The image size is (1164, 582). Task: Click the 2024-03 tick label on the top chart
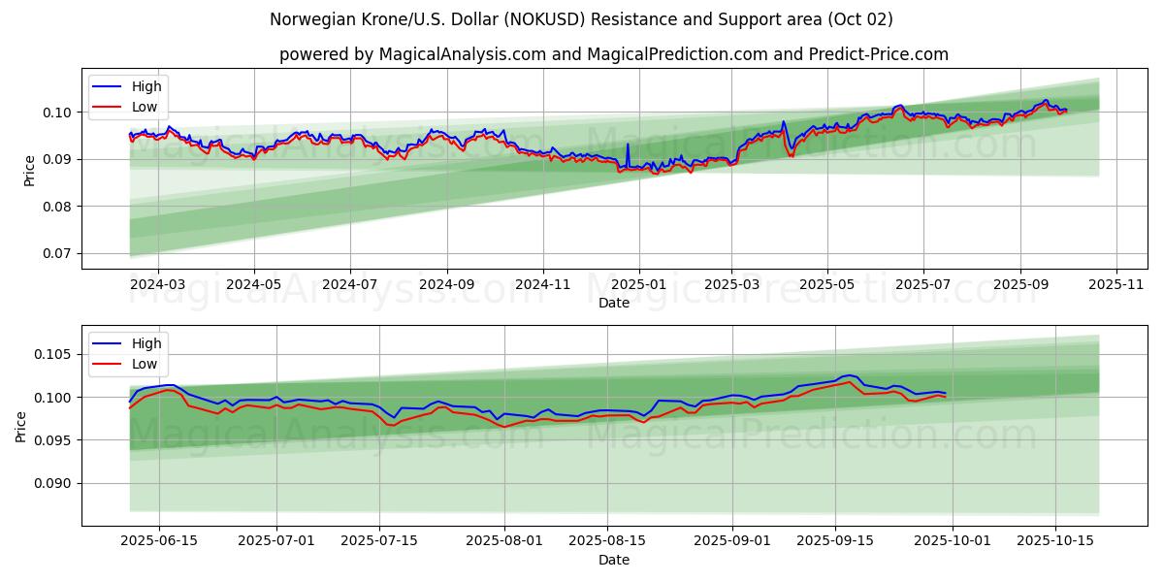coord(157,285)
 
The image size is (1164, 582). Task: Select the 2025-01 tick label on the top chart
coord(638,285)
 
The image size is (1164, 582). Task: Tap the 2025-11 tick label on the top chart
coord(1116,285)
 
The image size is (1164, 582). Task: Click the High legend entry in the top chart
coord(146,86)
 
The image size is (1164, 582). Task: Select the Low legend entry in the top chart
coord(145,108)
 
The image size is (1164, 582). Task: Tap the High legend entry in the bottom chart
coord(146,343)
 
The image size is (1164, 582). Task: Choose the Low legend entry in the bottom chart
coord(145,365)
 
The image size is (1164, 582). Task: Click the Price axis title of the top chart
coord(29,170)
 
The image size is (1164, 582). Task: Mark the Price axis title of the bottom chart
coord(21,426)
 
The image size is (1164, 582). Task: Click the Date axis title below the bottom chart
coord(613,560)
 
